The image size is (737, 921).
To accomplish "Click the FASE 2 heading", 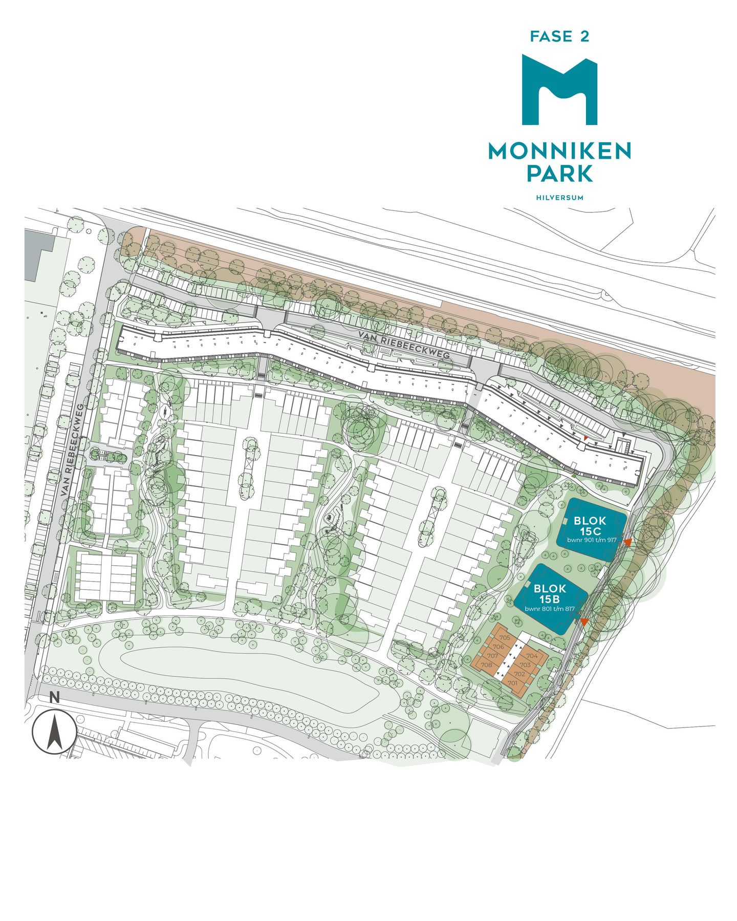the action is pos(559,37).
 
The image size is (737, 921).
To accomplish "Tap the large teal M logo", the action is pos(559,91).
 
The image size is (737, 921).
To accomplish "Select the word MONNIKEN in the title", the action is pos(559,151).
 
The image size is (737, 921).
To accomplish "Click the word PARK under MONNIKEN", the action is pos(559,174).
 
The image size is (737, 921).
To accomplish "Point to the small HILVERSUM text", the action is pos(559,198).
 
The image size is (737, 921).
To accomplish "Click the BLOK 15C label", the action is pos(590,526).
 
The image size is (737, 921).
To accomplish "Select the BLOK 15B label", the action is pos(550,594).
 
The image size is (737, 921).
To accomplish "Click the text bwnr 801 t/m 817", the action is pos(550,609).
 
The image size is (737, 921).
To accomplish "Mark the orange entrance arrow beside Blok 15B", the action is pos(583,622).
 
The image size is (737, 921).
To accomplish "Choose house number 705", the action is pos(505,638).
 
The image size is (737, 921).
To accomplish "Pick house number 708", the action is pos(487,665).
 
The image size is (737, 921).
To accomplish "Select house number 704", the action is pos(532,656).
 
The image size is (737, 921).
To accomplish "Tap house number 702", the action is pos(519,674).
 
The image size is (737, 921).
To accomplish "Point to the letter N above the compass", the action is pos(55,697).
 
